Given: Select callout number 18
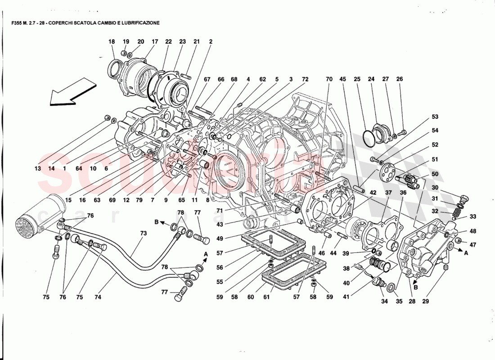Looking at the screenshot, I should click(x=112, y=42).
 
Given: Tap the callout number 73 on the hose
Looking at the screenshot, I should click(x=144, y=234).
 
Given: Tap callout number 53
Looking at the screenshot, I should click(x=435, y=117).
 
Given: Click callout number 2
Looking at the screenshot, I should click(x=211, y=42).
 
